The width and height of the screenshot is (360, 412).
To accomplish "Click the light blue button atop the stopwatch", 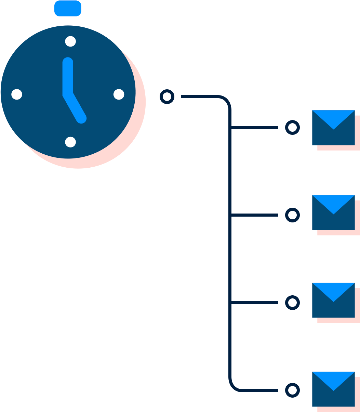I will pyautogui.click(x=68, y=8).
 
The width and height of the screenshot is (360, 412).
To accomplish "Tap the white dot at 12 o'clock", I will pyautogui.click(x=70, y=41).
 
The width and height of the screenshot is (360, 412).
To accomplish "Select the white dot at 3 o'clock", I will pyautogui.click(x=119, y=94).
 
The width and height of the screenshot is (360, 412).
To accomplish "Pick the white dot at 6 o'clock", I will pyautogui.click(x=70, y=142).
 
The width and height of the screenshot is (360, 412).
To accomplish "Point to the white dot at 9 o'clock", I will pyautogui.click(x=17, y=94).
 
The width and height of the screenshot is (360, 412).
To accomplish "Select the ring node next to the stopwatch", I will pyautogui.click(x=167, y=97).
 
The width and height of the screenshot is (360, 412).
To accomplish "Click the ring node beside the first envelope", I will pyautogui.click(x=292, y=128).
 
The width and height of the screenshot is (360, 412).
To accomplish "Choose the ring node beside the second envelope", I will pyautogui.click(x=292, y=215).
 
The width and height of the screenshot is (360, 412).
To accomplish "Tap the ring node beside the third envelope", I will pyautogui.click(x=292, y=302).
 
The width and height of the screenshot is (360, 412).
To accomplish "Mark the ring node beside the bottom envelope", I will pyautogui.click(x=292, y=390).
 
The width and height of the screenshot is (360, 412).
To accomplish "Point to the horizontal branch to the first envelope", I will pyautogui.click(x=254, y=128).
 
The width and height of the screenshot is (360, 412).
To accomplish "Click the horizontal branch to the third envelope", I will pyautogui.click(x=254, y=302).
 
